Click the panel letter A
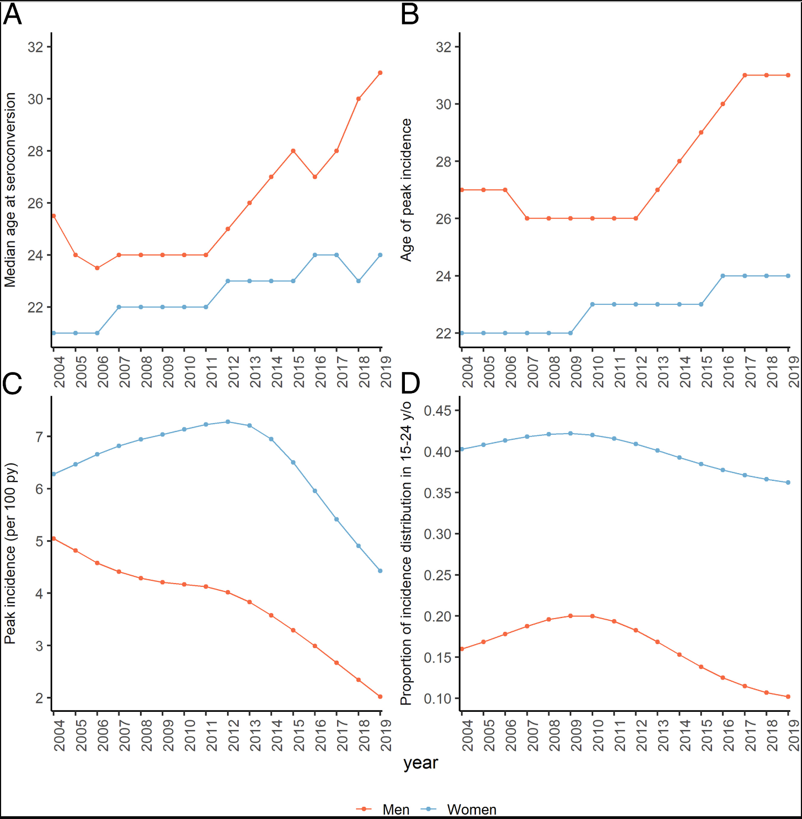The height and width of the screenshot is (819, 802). [x=12, y=14]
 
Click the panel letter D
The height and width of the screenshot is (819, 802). [x=410, y=383]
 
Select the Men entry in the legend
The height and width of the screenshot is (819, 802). [x=395, y=810]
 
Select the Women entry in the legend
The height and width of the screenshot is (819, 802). [x=471, y=810]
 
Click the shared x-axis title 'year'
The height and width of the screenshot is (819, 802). [x=420, y=763]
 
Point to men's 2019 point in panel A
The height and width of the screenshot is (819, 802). [x=380, y=73]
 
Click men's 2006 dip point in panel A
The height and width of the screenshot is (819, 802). [x=97, y=268]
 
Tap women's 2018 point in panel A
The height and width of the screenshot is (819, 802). [x=359, y=281]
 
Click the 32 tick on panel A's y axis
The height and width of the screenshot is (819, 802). [x=36, y=47]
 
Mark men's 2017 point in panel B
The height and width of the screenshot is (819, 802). [x=745, y=76]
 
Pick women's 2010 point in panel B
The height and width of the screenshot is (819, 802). [x=593, y=304]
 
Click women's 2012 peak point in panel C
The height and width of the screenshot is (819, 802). [x=228, y=422]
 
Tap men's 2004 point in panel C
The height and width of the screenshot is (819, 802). [x=54, y=539]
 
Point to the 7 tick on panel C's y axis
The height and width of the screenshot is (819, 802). [x=39, y=437]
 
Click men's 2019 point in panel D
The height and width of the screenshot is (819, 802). [x=788, y=697]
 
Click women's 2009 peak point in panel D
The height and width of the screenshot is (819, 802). [x=570, y=434]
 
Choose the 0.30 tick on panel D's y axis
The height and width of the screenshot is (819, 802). [x=437, y=534]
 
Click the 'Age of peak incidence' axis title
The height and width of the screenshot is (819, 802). [x=407, y=190]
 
